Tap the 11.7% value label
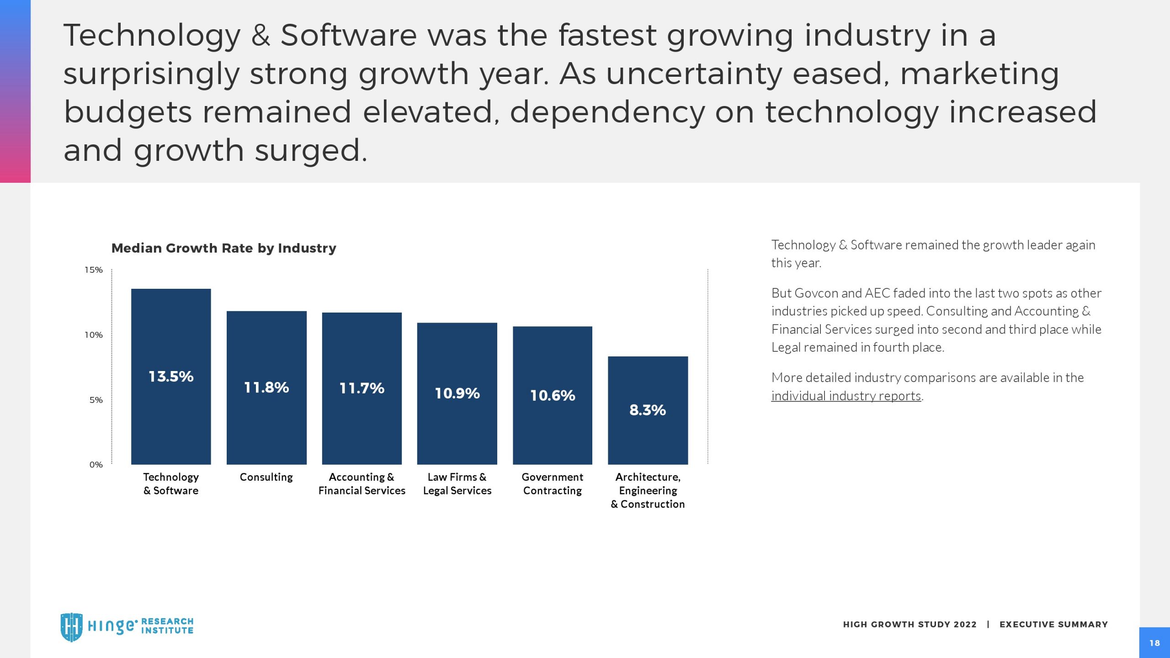click(x=362, y=388)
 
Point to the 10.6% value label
click(x=553, y=395)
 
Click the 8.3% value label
click(x=648, y=410)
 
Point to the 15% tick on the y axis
click(x=94, y=270)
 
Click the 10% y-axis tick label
click(x=94, y=335)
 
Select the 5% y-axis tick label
click(x=96, y=400)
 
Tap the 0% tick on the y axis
click(x=96, y=465)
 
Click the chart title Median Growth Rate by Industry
click(x=223, y=248)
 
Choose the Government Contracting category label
click(x=553, y=483)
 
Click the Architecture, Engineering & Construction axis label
click(x=648, y=490)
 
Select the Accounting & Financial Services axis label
click(x=362, y=483)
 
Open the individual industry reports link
click(x=846, y=396)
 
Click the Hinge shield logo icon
click(x=72, y=627)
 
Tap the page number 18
click(x=1154, y=643)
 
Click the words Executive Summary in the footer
click(x=1053, y=625)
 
